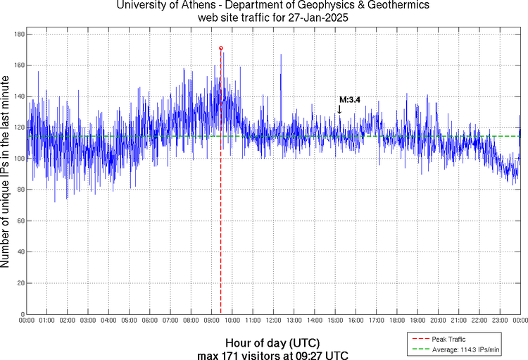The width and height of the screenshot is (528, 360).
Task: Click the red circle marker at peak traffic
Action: tap(221, 49)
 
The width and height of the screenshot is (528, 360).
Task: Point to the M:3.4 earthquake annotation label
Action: tap(350, 100)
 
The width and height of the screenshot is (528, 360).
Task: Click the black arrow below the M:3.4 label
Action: tap(339, 109)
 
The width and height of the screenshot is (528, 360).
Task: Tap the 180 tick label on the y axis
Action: tap(19, 34)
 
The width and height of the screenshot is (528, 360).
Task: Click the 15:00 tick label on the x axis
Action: tap(335, 321)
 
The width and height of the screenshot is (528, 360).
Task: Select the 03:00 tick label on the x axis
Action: tap(88, 321)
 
